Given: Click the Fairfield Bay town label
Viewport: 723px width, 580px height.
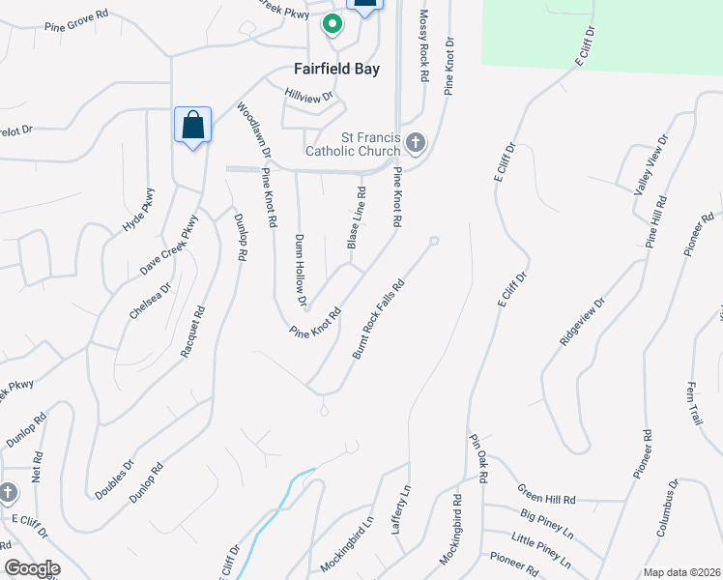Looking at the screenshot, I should (x=336, y=70).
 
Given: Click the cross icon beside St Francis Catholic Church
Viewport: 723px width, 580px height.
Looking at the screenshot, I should (x=416, y=144).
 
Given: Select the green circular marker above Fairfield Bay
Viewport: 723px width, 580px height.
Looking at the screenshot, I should (x=333, y=24).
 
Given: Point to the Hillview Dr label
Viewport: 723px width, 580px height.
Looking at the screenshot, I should (x=308, y=96).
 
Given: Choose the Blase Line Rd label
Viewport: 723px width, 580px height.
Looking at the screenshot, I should (x=355, y=217).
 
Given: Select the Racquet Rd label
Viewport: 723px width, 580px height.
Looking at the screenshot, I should (x=193, y=333).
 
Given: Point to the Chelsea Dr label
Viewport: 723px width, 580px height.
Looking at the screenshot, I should (x=150, y=301).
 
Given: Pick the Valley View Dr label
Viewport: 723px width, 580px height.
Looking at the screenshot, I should (x=651, y=166).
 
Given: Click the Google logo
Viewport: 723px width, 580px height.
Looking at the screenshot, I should (x=32, y=568).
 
